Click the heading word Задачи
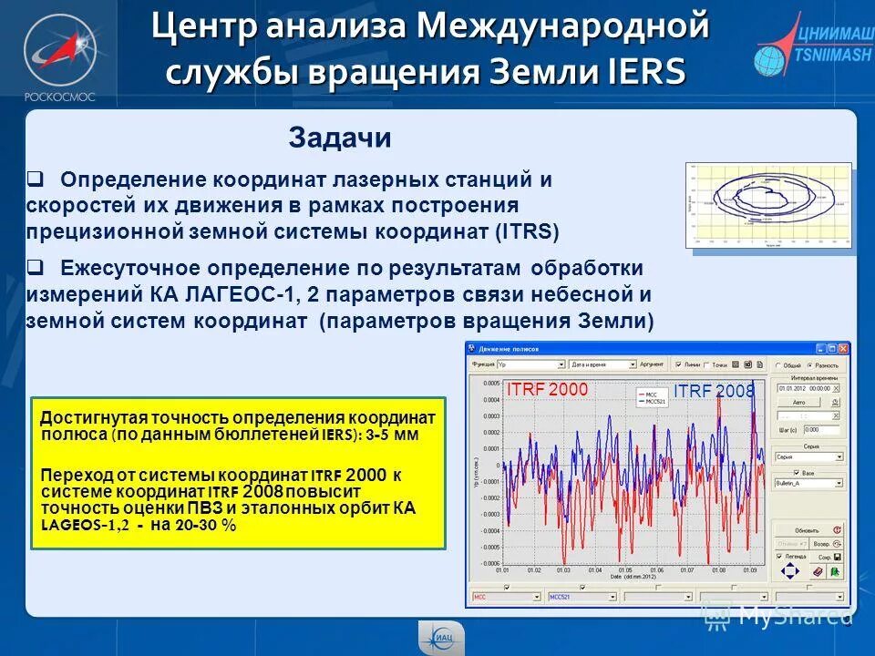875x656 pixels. coord(340,138)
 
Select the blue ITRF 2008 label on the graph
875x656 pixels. coord(714,391)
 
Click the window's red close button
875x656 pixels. coord(844,348)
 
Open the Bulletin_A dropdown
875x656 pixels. coord(808,483)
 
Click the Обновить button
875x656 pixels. coord(806,529)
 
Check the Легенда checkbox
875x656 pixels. coord(779,556)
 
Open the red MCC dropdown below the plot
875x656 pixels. coord(504,597)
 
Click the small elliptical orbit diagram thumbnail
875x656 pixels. coord(767,206)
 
